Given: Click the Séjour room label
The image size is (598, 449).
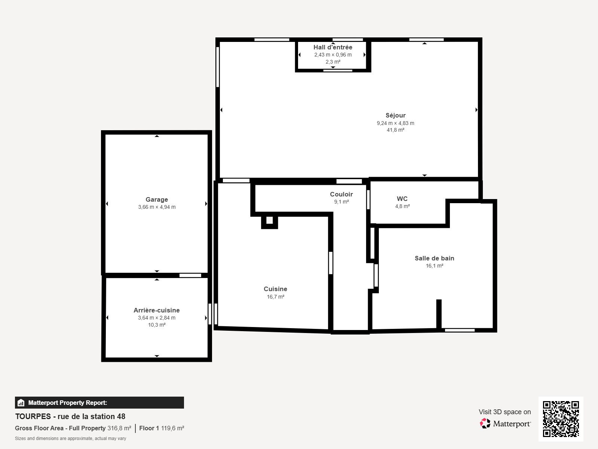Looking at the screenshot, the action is coord(396,116).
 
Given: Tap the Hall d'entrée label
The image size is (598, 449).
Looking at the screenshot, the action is coord(332,48).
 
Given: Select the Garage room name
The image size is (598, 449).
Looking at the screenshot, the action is coord(157,199).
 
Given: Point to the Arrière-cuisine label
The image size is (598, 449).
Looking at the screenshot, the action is coord(157,310).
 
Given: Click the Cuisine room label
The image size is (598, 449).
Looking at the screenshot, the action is coord(275,289).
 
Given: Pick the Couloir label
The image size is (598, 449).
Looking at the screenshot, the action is coord(341,194).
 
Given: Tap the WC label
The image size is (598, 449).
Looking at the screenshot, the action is coord(402,199).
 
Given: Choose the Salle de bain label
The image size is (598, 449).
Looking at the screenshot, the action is coord(435,258).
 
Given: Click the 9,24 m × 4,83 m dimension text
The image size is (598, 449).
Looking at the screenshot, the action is coord(396,123).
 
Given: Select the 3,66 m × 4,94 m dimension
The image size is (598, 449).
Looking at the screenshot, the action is coord(157,207).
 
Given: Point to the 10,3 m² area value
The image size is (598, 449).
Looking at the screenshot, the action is coord(157,325).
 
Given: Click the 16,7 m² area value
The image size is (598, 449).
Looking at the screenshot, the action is coord(276,297).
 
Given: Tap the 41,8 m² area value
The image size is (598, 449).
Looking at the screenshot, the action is coord(396,130).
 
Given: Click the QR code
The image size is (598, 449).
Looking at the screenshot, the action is coord(561,419).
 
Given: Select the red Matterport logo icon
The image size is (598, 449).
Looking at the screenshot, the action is coord(485,424).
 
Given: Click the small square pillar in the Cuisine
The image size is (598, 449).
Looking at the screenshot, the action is coord(269,220).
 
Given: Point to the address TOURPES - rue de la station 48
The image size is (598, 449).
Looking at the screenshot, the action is coord(70,416).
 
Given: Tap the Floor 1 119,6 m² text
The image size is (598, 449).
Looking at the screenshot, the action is coord(162,428).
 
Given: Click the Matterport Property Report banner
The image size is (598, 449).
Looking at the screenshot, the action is coord(99,402).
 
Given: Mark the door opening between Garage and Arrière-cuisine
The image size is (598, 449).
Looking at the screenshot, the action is coord(190,275).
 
